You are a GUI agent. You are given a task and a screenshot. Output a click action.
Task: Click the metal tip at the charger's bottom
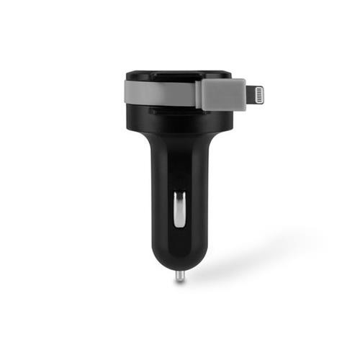(x=179, y=276)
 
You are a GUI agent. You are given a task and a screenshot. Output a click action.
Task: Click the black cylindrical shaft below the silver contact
(x=179, y=241)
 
